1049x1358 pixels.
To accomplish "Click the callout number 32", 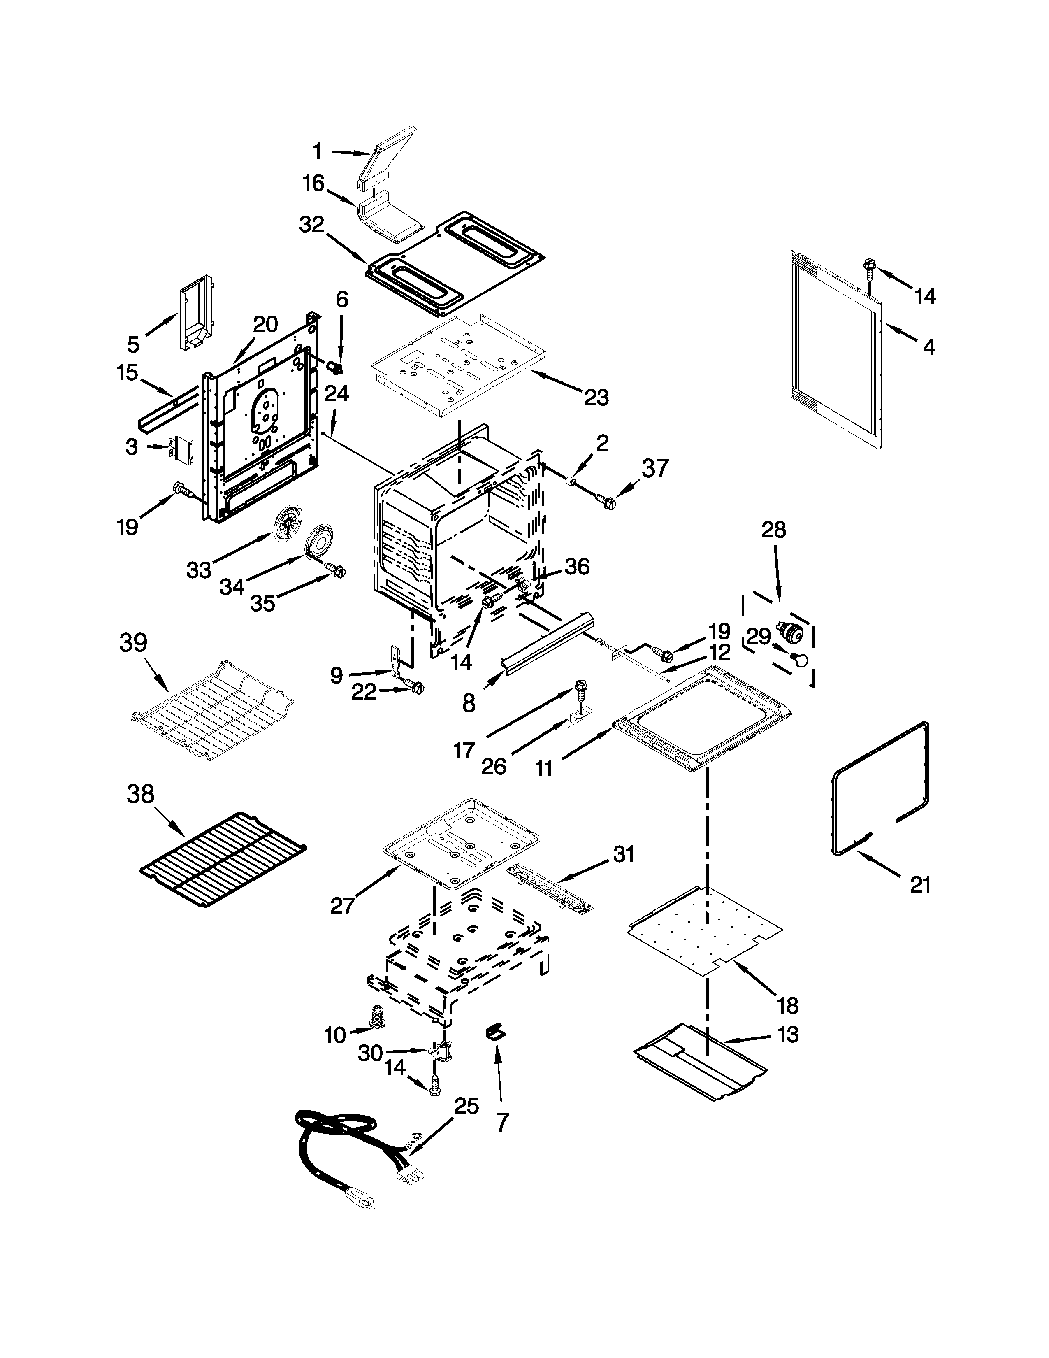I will coord(311,224).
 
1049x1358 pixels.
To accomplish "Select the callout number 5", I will coord(134,344).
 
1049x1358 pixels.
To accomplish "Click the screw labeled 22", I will coord(415,686).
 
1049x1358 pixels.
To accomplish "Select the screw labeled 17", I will coord(581,688).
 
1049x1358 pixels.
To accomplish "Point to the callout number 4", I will coord(928,346).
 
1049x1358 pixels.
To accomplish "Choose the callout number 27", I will coord(342,906).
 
